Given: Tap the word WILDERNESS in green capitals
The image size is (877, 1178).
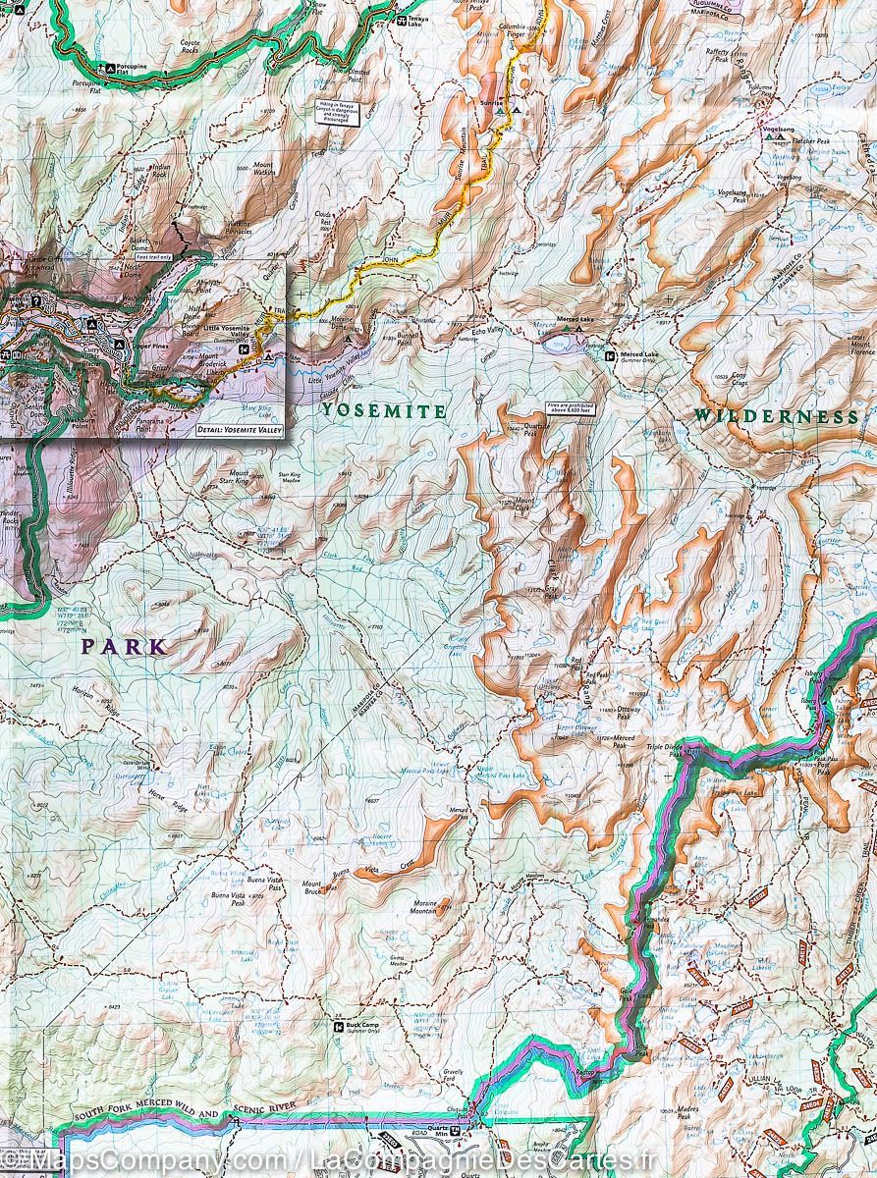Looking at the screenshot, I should (x=776, y=416).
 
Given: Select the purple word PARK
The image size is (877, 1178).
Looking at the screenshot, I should (x=124, y=647).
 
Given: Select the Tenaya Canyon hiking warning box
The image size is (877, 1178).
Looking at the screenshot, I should (x=334, y=113).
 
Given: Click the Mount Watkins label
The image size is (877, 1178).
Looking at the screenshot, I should (x=262, y=166).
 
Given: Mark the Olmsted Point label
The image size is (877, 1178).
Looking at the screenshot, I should (x=359, y=74).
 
